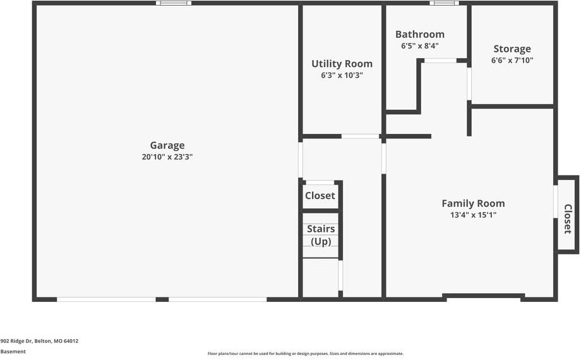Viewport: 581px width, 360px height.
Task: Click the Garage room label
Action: pyautogui.click(x=167, y=145)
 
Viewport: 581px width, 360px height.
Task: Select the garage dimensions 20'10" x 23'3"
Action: pyautogui.click(x=167, y=157)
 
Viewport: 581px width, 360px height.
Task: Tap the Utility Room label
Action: pyautogui.click(x=342, y=64)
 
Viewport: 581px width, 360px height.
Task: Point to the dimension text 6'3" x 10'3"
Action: pyautogui.click(x=342, y=75)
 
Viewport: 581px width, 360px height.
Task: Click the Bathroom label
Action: pyautogui.click(x=420, y=35)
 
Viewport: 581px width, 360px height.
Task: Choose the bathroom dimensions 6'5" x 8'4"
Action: pyautogui.click(x=420, y=46)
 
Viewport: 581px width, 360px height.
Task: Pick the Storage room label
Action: pyautogui.click(x=512, y=49)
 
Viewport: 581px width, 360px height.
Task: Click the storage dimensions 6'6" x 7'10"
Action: pyautogui.click(x=512, y=61)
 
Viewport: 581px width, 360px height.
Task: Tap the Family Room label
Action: pyautogui.click(x=473, y=203)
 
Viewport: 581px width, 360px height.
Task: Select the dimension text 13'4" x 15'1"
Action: pyautogui.click(x=473, y=215)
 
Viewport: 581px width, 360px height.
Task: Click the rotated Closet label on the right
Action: pyautogui.click(x=567, y=219)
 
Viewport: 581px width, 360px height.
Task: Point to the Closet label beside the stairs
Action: pyautogui.click(x=320, y=196)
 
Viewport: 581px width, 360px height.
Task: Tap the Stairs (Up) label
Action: pyautogui.click(x=321, y=235)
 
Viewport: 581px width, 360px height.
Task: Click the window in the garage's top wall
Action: pyautogui.click(x=174, y=3)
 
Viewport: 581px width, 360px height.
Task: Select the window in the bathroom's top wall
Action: pyautogui.click(x=445, y=3)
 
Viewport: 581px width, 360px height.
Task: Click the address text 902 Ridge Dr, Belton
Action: pyautogui.click(x=39, y=341)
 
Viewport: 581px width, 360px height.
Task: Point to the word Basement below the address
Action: pyautogui.click(x=13, y=351)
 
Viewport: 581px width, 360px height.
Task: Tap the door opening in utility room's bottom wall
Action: pyautogui.click(x=360, y=136)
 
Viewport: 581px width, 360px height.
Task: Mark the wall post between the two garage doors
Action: pyautogui.click(x=162, y=299)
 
